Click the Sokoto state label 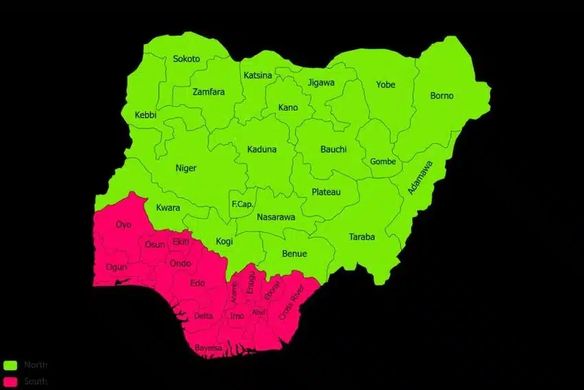click(x=186, y=59)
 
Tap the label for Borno click(x=442, y=96)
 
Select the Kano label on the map click(x=288, y=107)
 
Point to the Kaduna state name click(x=262, y=149)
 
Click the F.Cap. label click(x=243, y=204)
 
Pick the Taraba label click(x=362, y=237)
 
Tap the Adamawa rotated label click(x=420, y=177)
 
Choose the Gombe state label click(x=383, y=162)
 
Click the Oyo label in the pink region click(x=124, y=225)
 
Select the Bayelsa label click(x=208, y=348)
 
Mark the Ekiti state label click(x=181, y=242)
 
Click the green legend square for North click(x=10, y=365)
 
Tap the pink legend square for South click(x=10, y=381)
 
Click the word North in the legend click(x=36, y=365)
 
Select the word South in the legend click(x=36, y=381)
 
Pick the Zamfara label click(x=208, y=92)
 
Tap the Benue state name click(x=294, y=254)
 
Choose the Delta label click(x=203, y=316)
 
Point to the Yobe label click(x=385, y=85)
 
